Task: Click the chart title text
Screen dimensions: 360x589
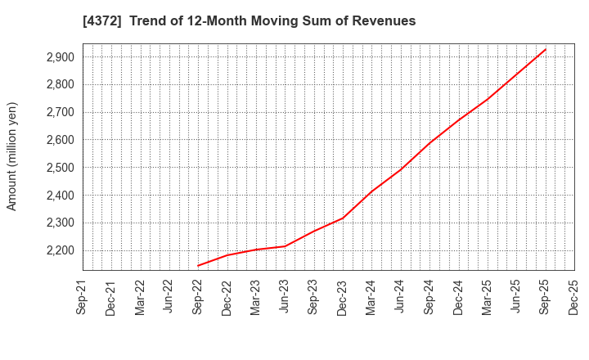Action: coord(250,21)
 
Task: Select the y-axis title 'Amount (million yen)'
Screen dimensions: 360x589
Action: coord(12,156)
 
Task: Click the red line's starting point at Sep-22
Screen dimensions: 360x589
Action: coord(198,265)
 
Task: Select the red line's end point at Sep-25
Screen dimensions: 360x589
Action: coord(545,49)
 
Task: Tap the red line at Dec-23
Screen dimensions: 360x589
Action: coord(343,218)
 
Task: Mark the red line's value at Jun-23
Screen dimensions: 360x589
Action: coord(285,246)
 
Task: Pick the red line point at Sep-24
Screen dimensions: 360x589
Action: coord(429,142)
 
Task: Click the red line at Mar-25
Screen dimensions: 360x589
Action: coord(488,99)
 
